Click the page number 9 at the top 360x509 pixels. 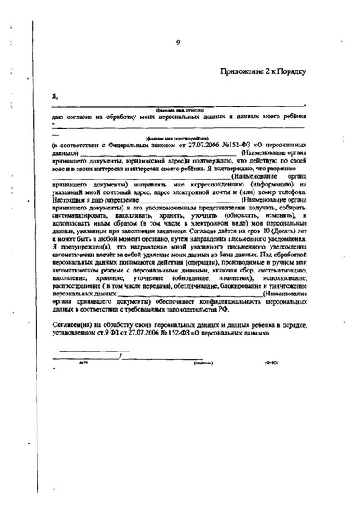coord(178,42)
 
